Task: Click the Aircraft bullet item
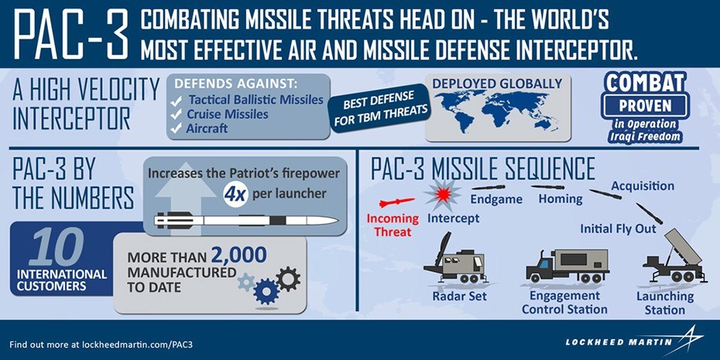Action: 207,129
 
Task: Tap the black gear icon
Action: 287,277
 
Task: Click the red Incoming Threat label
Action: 393,225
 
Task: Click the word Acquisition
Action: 643,186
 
